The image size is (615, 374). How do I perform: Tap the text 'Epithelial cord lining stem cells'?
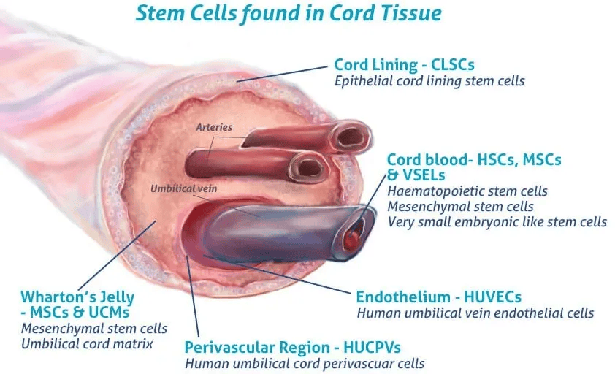429,81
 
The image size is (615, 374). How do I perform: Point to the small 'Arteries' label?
214,127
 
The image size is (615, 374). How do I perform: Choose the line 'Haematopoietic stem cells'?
467,191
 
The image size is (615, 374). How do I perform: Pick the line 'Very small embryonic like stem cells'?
497,221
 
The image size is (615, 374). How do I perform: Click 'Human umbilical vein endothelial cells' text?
475,313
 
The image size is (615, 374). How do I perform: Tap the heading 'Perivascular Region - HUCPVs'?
293,346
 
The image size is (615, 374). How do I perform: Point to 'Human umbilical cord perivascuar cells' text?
305,362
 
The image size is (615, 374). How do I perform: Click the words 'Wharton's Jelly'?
77,297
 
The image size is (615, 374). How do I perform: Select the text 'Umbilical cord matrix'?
87,343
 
